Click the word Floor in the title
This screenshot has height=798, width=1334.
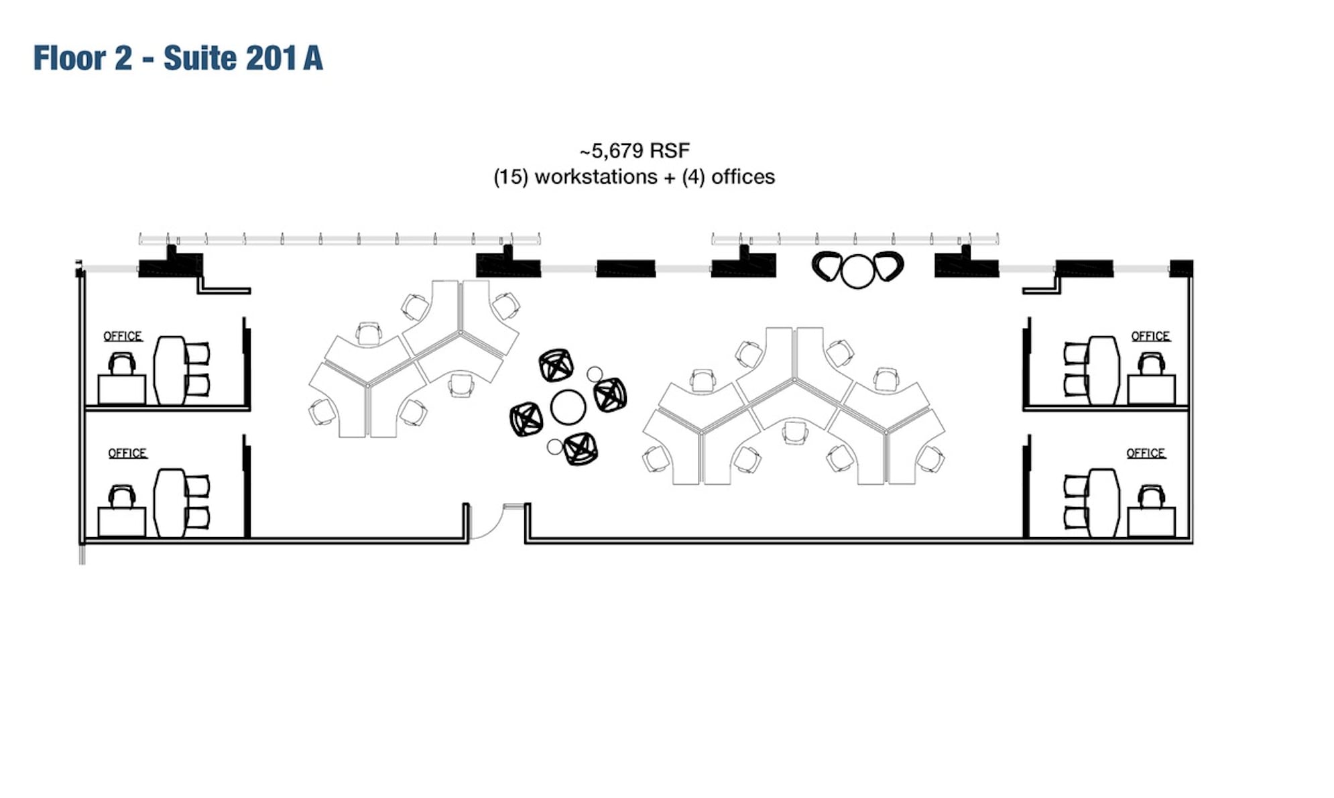(70, 58)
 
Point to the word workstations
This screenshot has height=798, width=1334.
(595, 177)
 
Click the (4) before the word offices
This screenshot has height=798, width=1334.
(693, 177)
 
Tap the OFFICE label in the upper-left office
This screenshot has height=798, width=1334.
(123, 336)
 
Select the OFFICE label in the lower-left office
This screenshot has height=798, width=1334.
(127, 453)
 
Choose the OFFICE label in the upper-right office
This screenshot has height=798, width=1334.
(1150, 336)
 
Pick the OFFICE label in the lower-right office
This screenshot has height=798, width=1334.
(1146, 453)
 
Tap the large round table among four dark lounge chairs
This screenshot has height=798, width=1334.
(568, 407)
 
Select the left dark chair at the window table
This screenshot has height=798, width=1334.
(827, 266)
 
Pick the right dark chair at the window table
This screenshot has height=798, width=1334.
(888, 266)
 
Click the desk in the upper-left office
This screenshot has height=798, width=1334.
(122, 389)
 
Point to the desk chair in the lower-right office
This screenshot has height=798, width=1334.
(1151, 497)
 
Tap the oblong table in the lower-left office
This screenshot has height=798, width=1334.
(170, 503)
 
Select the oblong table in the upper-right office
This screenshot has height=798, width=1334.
(1103, 370)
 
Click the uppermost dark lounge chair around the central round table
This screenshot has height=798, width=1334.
(556, 365)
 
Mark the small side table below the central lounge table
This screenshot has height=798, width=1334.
(554, 446)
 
